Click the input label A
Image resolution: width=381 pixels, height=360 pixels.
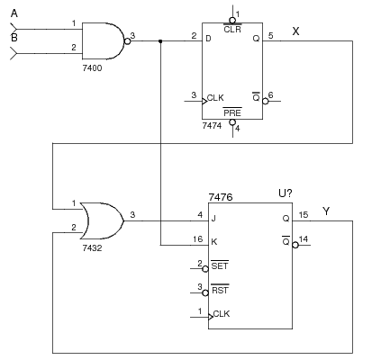point(14,13)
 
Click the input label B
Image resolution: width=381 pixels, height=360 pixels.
point(14,38)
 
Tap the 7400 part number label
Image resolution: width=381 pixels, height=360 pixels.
point(92,68)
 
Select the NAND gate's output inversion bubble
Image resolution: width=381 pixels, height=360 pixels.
point(128,41)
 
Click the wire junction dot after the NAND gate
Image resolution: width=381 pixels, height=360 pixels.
point(160,41)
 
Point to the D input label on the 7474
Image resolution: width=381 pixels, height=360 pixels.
point(208,39)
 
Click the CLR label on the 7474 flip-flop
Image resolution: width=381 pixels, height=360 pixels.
point(232,30)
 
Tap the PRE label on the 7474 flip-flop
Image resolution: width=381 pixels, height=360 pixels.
point(232,112)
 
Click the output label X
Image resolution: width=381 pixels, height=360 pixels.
point(295,31)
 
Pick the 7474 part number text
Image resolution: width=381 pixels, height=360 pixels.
point(212,125)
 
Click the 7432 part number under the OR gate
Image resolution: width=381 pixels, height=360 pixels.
point(92,248)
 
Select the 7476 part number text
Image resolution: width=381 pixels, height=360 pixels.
point(221,197)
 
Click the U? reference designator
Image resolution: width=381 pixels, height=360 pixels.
point(286,193)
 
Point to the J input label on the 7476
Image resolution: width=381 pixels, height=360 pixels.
point(213,218)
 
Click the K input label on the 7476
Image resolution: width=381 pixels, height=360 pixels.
point(214,242)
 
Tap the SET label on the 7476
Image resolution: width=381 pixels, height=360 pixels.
point(220,265)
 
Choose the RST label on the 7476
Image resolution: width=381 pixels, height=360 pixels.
point(220,290)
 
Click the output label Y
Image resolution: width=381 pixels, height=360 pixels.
point(326,211)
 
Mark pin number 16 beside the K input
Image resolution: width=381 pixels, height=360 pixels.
point(198,239)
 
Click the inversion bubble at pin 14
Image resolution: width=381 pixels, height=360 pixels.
point(295,245)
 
